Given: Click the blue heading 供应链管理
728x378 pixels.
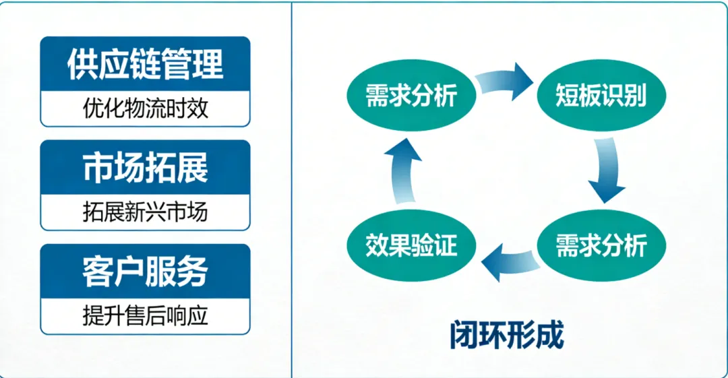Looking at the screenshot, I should (145, 64).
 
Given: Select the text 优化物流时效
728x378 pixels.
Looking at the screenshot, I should (145, 108).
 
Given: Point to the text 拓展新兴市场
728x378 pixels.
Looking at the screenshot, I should (145, 212).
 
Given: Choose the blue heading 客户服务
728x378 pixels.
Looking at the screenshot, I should (145, 272).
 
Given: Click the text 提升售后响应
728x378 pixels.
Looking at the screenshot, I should (145, 316).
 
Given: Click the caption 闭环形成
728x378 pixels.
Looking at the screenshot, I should (507, 335).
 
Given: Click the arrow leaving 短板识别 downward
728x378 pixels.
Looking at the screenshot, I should (605, 170).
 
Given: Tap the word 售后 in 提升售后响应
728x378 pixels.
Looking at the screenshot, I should (145, 316).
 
